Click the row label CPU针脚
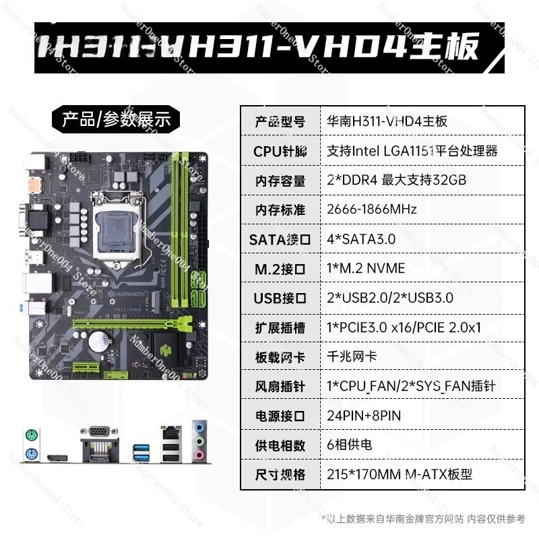280,151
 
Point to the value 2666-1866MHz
371,209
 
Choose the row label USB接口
280,298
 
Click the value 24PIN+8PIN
363,416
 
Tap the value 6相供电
349,445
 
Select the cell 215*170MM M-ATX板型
399,474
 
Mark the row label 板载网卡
280,357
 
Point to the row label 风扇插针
280,387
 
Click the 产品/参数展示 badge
116,121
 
